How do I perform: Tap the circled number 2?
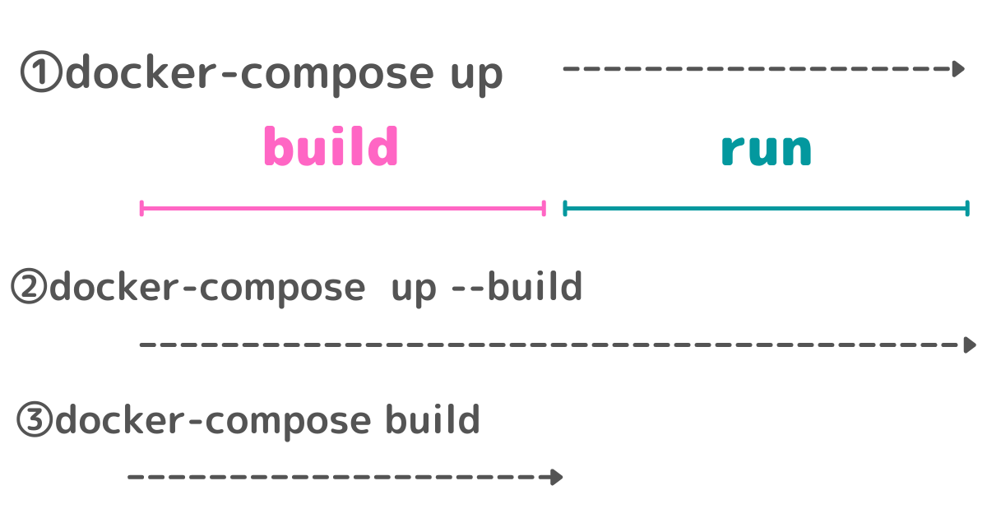pyautogui.click(x=30, y=288)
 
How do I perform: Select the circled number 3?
pyautogui.click(x=35, y=421)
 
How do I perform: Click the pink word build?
pyautogui.click(x=331, y=148)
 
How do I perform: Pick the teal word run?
pyautogui.click(x=766, y=150)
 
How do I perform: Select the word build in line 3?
pyautogui.click(x=433, y=420)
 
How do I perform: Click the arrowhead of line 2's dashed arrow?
pyautogui.click(x=970, y=345)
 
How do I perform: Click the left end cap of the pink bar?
pyautogui.click(x=142, y=208)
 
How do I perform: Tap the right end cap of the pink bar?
pyautogui.click(x=544, y=208)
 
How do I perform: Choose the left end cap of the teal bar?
pyautogui.click(x=565, y=208)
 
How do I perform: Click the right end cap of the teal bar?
pyautogui.click(x=967, y=208)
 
